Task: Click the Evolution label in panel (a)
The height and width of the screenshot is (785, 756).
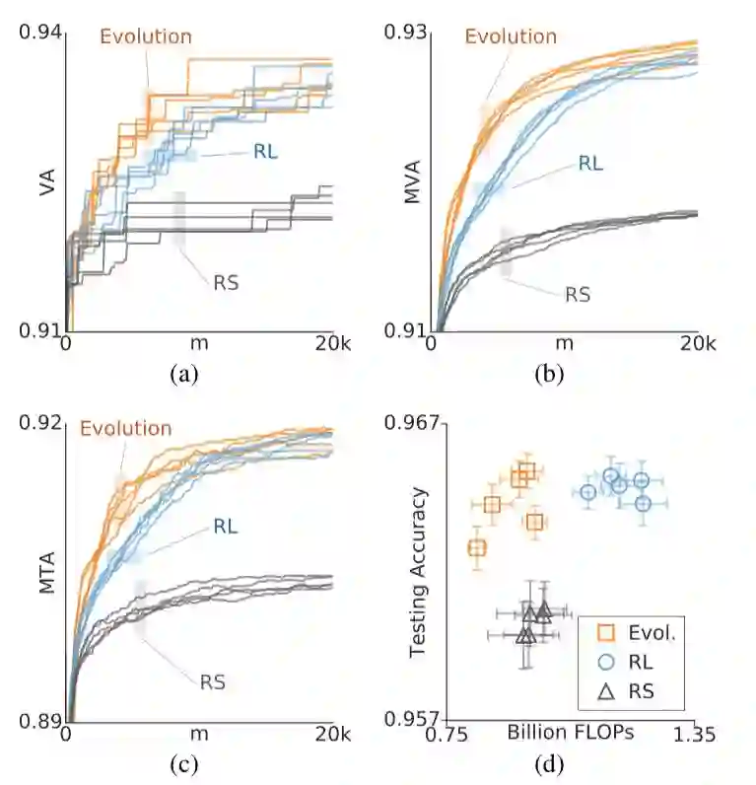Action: click(x=146, y=36)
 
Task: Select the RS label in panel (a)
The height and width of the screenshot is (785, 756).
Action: click(x=226, y=282)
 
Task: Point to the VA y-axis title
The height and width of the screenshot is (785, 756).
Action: click(x=45, y=183)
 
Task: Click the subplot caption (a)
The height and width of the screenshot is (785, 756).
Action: click(x=184, y=374)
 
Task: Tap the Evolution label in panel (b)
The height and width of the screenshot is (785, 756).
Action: click(x=511, y=36)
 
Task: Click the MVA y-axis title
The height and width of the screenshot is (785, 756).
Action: click(x=414, y=183)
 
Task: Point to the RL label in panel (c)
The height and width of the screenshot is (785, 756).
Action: click(x=226, y=526)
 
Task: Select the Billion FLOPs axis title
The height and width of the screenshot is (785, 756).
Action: click(x=570, y=733)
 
